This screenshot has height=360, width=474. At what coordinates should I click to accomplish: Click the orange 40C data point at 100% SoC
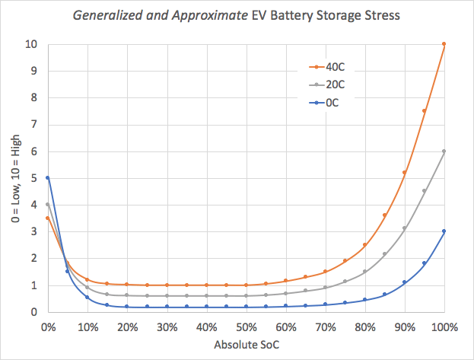coord(444,44)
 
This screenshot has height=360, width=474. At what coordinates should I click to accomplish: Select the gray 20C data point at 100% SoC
coord(444,151)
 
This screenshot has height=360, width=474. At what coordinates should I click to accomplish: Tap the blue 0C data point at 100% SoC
coord(444,231)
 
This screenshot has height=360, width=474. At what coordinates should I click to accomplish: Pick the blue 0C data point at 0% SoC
coord(47,178)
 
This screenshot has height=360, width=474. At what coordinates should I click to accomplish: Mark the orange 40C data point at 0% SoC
coord(47,218)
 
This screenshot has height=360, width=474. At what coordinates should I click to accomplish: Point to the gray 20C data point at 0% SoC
coord(47,205)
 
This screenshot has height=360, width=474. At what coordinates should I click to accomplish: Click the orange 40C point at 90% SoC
coord(404,173)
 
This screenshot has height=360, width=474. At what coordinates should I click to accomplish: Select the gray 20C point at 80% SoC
coord(364,272)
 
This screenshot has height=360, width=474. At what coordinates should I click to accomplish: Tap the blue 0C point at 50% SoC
coord(246,307)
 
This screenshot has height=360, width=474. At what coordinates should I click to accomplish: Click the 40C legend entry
coord(326,67)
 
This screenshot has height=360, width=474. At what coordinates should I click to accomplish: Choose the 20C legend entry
coord(326,84)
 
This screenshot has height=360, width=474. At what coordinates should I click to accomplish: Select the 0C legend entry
coord(324,103)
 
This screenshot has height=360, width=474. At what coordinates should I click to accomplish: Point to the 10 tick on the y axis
coord(31,44)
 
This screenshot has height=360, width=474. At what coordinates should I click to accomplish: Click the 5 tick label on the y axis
coord(33,178)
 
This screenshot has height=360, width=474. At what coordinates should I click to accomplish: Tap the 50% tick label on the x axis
coord(247,327)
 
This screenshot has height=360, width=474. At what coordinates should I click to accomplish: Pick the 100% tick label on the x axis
coord(444,327)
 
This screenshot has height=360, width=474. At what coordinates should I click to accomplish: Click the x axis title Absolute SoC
coord(247,345)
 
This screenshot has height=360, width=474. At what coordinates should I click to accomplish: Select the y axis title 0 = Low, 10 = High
coord(16,179)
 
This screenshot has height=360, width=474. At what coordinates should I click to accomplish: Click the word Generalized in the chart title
coord(107,15)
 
